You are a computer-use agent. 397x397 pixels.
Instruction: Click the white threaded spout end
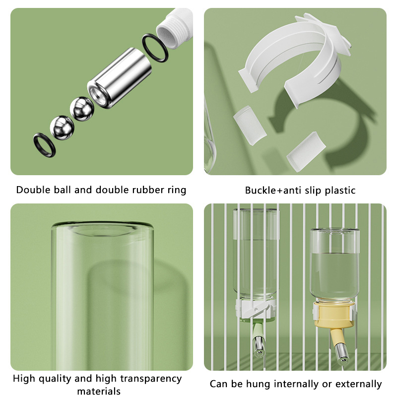point(175,28)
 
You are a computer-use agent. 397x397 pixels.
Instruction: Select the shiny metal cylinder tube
point(120,78)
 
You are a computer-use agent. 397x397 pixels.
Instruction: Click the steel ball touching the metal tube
point(82,109)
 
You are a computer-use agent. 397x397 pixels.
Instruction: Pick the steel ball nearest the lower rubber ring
point(62,128)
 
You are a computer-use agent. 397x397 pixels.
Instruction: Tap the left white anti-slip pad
point(250,126)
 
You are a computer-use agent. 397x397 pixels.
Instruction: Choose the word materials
point(99,391)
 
